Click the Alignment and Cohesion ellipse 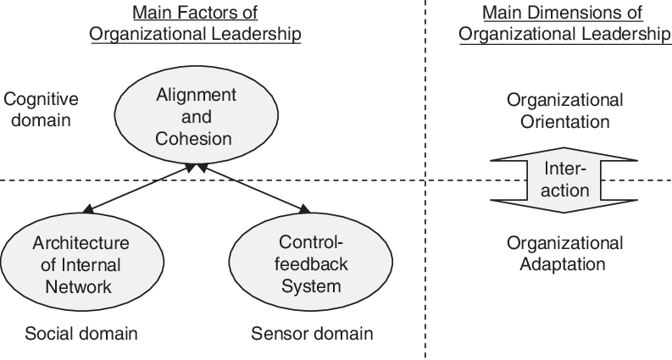click(x=196, y=117)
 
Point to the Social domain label click(x=81, y=333)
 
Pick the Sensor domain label click(x=312, y=333)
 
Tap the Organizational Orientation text click(x=564, y=110)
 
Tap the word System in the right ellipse click(x=311, y=286)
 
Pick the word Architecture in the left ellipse click(x=72, y=243)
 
